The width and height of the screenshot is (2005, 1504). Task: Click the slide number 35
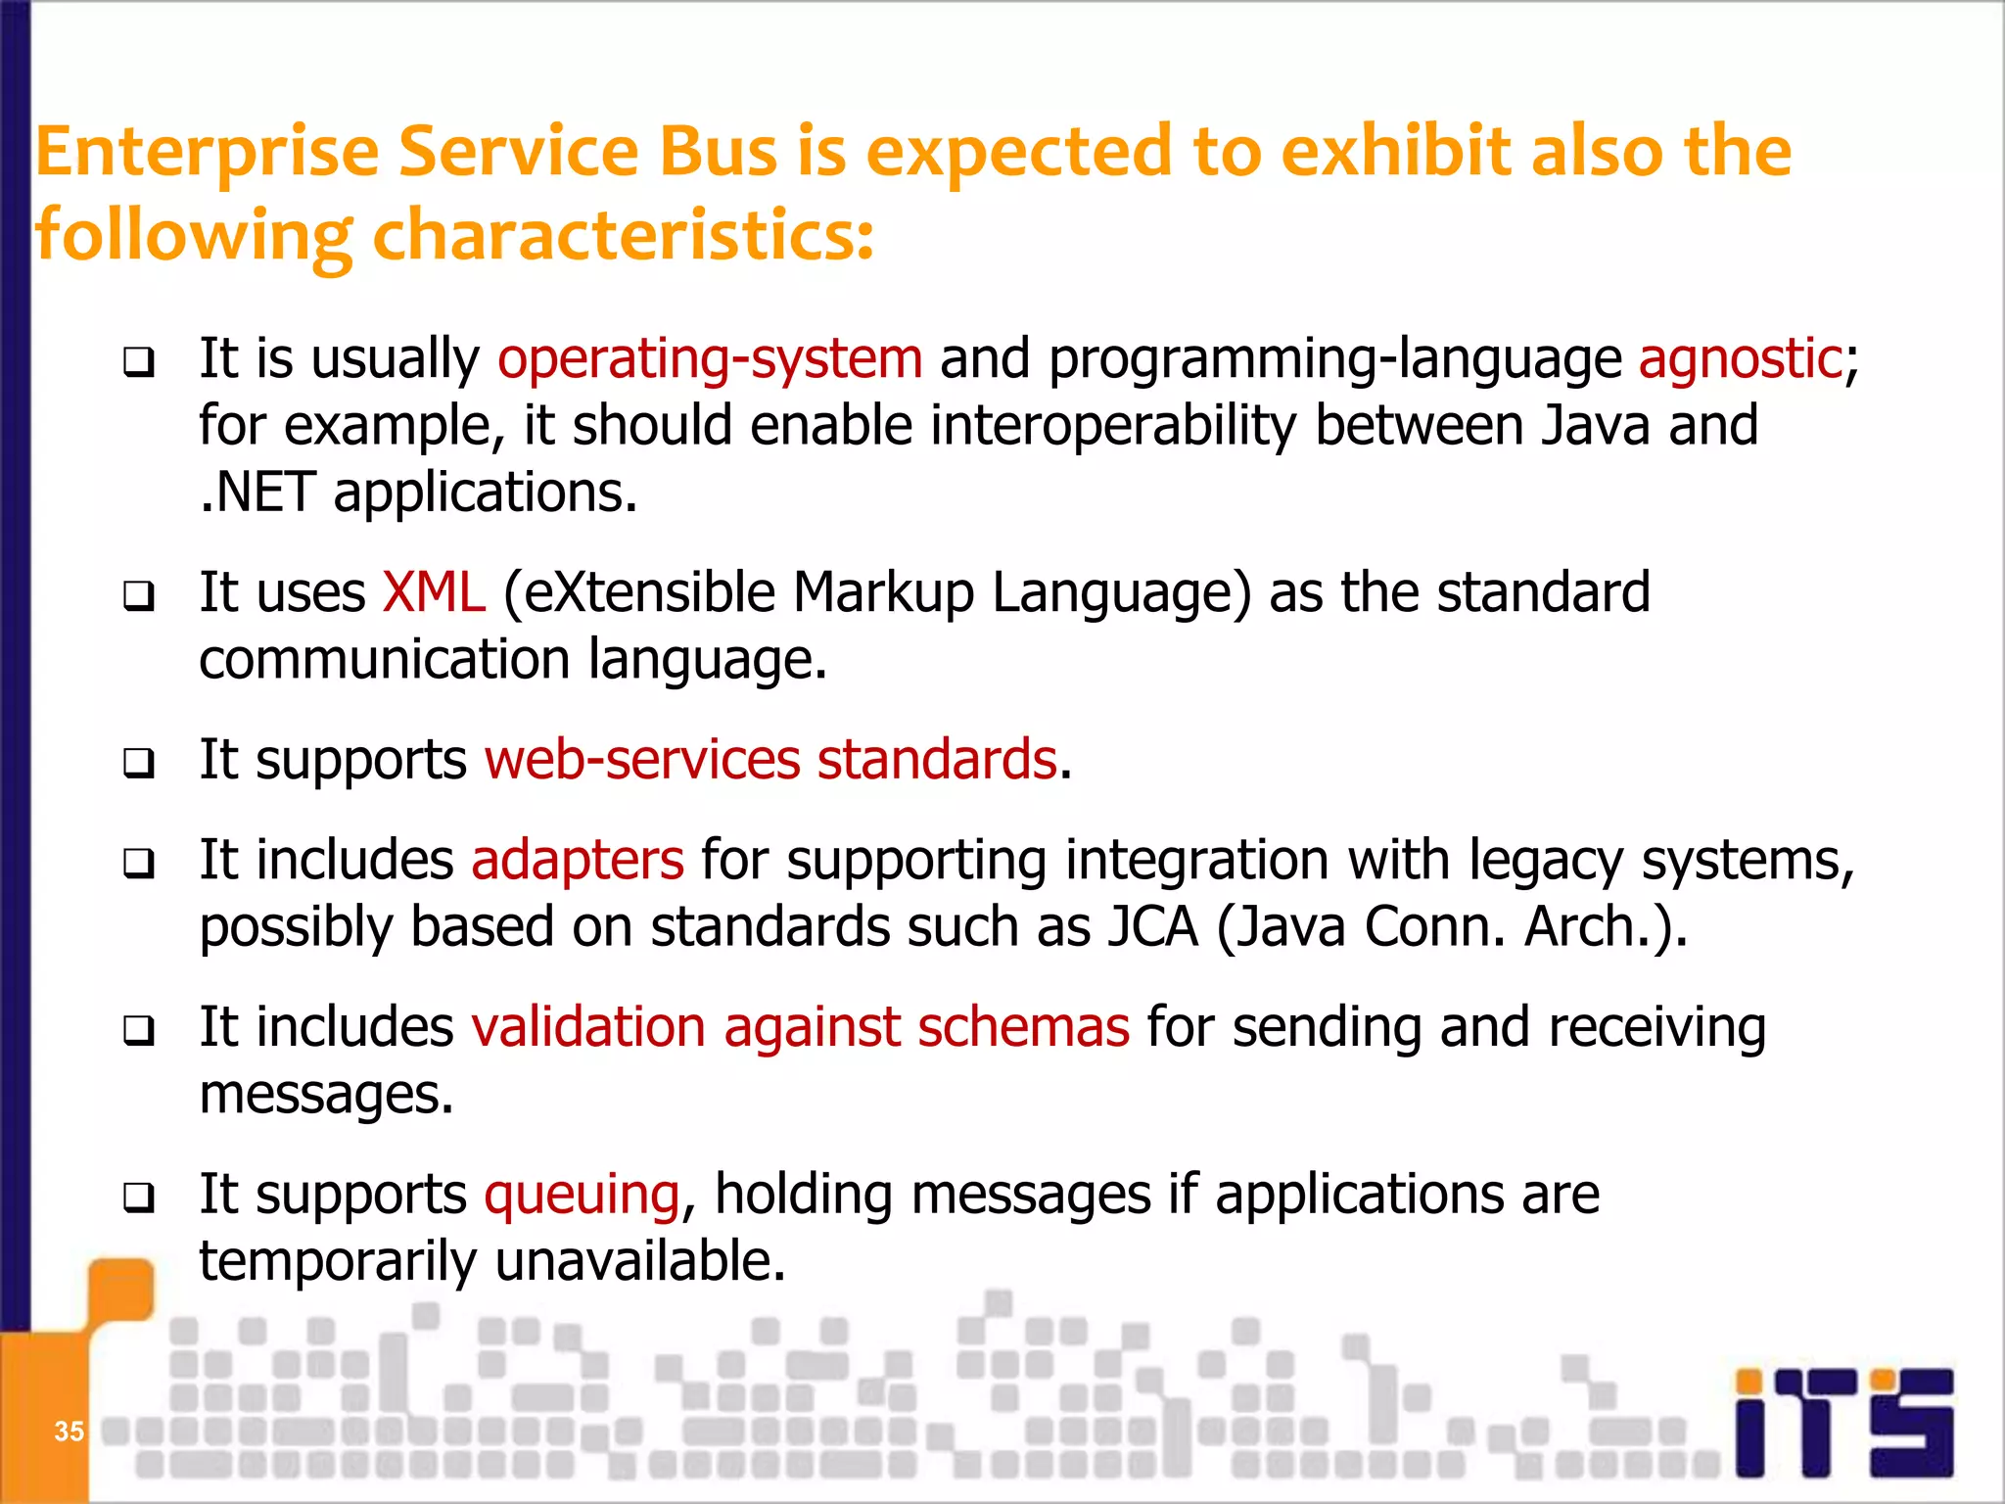69,1432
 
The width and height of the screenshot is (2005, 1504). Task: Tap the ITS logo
1844,1422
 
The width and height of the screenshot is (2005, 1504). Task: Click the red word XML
434,593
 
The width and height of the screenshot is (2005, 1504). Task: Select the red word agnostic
1741,358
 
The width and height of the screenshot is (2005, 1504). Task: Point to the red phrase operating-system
710,358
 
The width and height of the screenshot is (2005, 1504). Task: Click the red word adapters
578,861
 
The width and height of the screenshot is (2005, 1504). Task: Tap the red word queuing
583,1196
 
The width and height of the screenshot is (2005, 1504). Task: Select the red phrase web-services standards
771,760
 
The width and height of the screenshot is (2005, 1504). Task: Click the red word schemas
1023,1028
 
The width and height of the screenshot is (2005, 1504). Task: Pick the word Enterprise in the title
207,153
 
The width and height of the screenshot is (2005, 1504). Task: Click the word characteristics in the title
623,237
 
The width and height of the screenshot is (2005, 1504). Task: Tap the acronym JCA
1152,927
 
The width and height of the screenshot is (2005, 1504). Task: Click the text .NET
257,493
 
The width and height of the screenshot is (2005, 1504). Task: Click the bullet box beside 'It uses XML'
139,595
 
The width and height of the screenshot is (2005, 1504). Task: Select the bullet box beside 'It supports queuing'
139,1197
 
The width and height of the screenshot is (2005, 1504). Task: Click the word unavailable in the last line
640,1261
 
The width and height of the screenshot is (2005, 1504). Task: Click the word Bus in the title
718,153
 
